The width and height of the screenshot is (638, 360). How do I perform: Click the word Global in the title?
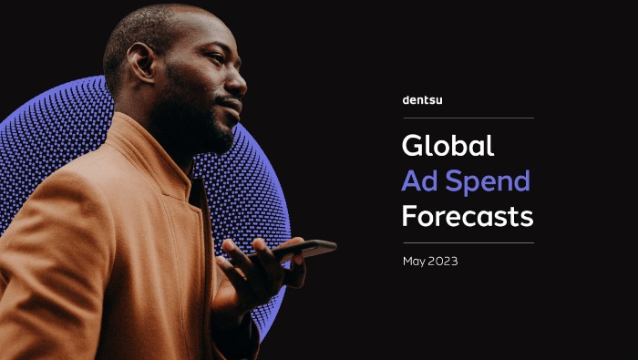pyautogui.click(x=448, y=146)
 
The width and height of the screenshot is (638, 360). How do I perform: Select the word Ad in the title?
pyautogui.click(x=418, y=181)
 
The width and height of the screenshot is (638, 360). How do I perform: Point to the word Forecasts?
pyautogui.click(x=467, y=217)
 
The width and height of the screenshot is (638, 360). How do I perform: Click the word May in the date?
pyautogui.click(x=416, y=262)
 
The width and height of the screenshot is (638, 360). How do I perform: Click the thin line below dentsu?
pyautogui.click(x=468, y=118)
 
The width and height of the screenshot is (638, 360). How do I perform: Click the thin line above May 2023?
pyautogui.click(x=468, y=242)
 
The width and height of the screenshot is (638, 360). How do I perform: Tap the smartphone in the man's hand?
pyautogui.click(x=305, y=248)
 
